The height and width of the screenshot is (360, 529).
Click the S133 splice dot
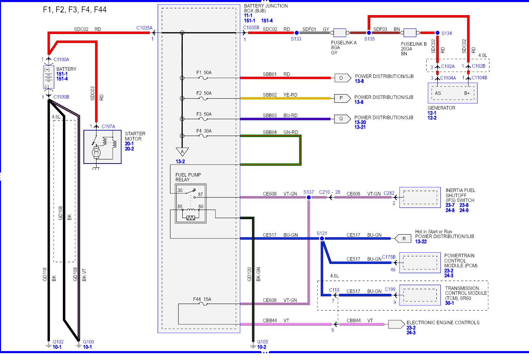click(x=297, y=33)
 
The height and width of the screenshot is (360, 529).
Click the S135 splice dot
click(x=369, y=33)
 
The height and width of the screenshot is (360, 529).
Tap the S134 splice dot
click(x=437, y=33)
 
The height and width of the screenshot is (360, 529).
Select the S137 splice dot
click(x=309, y=198)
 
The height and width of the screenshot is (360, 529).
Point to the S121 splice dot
click(x=322, y=239)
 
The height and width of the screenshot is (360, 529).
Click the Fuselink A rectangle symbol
click(x=340, y=33)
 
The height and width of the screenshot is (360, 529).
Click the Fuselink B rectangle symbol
click(x=410, y=33)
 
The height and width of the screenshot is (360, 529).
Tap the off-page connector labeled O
click(x=343, y=78)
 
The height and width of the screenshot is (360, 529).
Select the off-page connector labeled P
click(x=342, y=98)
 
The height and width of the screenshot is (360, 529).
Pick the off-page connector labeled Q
click(x=342, y=119)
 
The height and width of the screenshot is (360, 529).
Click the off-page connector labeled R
click(x=403, y=239)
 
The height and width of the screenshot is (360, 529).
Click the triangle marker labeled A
click(x=182, y=151)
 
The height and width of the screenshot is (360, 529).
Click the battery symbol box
click(x=49, y=77)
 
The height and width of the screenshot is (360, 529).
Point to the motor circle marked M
click(x=96, y=153)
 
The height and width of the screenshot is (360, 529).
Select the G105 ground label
click(x=262, y=342)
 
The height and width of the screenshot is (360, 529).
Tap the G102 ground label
click(x=58, y=342)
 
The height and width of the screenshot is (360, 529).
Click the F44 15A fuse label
click(x=202, y=299)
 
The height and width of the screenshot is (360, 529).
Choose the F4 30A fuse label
click(x=204, y=131)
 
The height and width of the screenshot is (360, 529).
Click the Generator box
click(x=452, y=93)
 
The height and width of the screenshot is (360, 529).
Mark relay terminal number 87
click(x=201, y=194)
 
